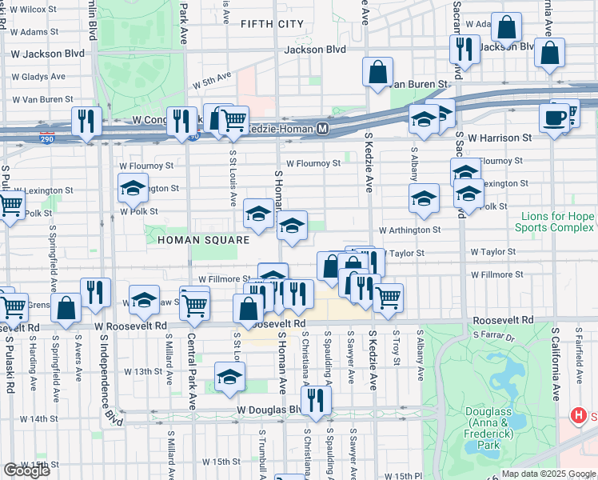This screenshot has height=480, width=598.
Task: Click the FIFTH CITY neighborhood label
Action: [x=272, y=24]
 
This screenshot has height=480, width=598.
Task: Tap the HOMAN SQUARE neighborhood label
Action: [x=203, y=239]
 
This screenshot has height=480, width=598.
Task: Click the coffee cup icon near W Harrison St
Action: [x=553, y=118]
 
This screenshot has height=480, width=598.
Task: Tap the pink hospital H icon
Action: [x=578, y=416]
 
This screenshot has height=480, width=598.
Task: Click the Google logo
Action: [x=26, y=470]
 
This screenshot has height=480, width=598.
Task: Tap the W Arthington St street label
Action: [x=409, y=230]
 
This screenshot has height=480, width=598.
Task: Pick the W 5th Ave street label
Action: [x=211, y=80]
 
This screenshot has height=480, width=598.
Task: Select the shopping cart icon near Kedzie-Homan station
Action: [x=233, y=121]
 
